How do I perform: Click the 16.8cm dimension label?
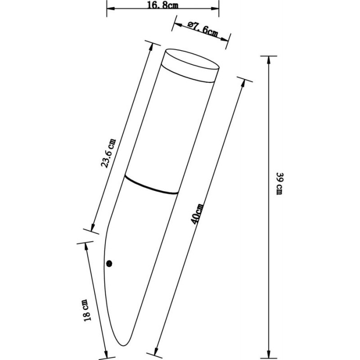coord(162,5)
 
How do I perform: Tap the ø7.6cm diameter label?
coord(202,29)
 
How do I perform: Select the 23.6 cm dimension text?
coord(108,153)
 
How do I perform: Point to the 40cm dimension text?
coord(197,213)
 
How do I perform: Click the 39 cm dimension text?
coord(279,184)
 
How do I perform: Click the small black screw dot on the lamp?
coord(109,264)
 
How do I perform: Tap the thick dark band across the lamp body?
coord(151,185)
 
